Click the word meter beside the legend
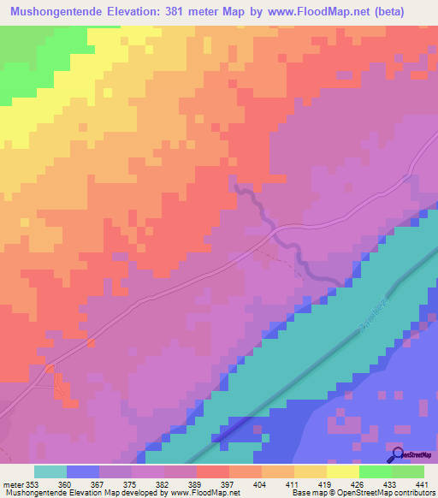click(13, 483)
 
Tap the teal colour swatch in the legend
click(50, 471)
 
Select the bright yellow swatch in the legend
click(342, 471)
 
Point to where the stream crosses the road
click(274, 228)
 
